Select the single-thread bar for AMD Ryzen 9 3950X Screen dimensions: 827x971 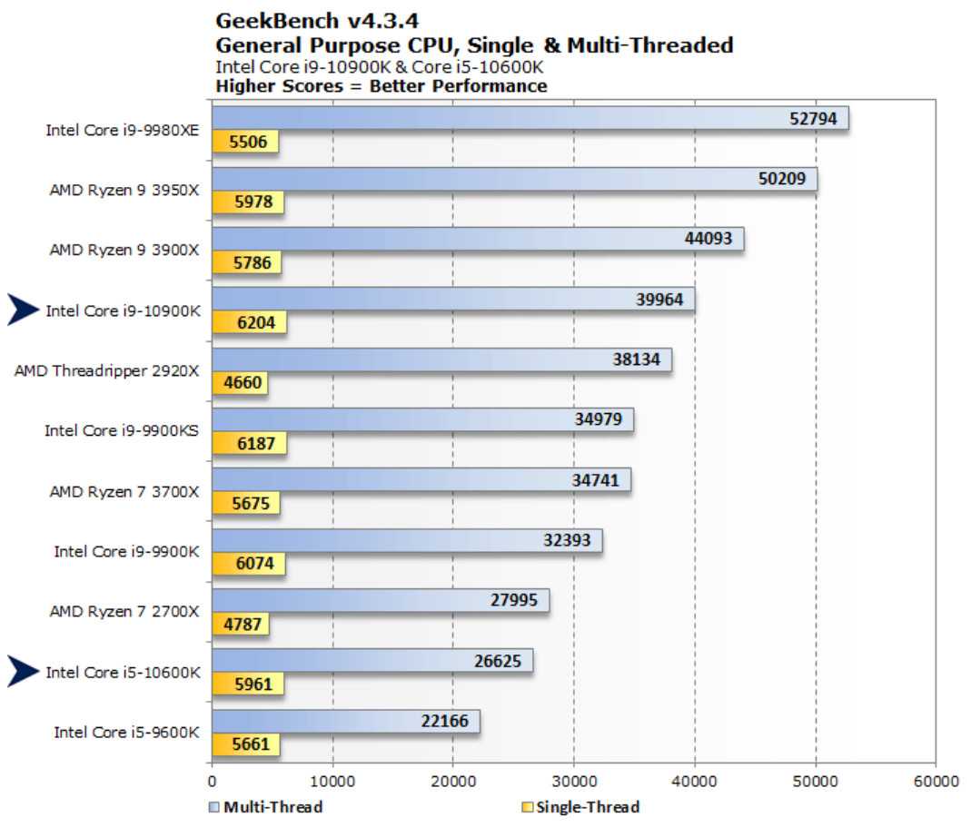coord(247,202)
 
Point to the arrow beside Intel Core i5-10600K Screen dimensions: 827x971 coord(24,672)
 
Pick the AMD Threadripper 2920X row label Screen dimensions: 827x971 coord(107,370)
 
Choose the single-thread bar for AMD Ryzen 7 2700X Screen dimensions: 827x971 coord(240,624)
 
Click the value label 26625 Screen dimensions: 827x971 coord(498,661)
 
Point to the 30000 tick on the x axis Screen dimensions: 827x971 coord(574,781)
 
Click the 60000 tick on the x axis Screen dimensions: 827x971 coord(936,781)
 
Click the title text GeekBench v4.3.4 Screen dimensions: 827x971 coord(304,20)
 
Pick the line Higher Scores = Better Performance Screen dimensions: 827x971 coord(381,86)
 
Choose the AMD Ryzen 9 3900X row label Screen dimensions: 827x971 coord(124,250)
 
